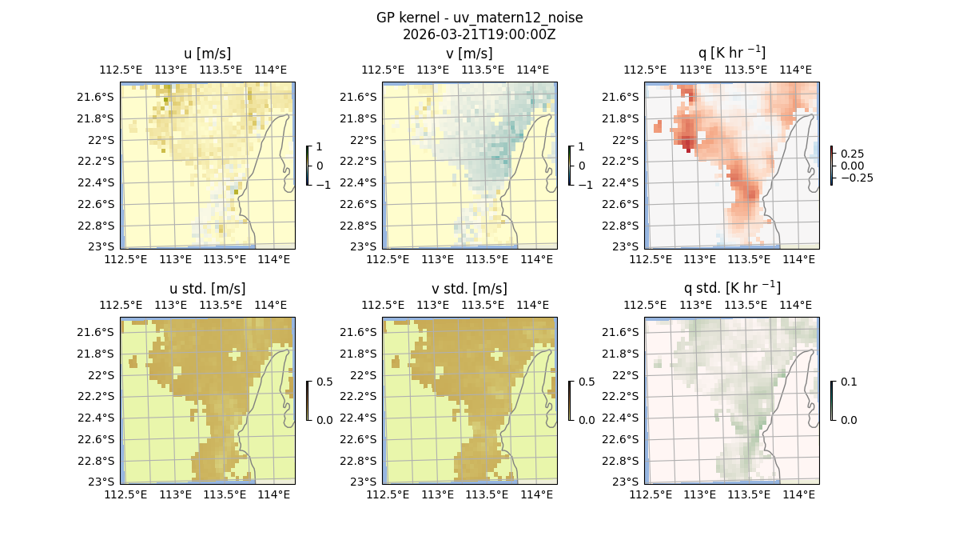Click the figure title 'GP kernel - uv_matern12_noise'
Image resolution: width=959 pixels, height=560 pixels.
(479, 18)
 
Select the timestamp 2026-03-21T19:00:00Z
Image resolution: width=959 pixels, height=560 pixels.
(479, 34)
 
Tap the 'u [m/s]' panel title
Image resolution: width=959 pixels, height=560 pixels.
(208, 54)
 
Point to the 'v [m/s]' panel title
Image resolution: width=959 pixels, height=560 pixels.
(470, 54)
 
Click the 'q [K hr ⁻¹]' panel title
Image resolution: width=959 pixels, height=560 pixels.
(731, 53)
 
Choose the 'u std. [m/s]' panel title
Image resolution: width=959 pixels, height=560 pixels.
(208, 289)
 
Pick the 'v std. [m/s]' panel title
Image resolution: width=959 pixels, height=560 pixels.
(470, 289)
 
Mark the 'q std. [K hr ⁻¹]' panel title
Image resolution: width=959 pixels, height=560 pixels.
(731, 288)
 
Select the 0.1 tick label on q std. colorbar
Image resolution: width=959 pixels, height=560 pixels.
(848, 382)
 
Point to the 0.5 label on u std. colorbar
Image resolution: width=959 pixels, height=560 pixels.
(324, 382)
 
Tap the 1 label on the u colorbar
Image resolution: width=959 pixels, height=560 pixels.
(320, 147)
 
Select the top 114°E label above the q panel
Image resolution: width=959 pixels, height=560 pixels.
(797, 70)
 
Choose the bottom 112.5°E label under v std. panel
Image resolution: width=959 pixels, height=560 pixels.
(388, 494)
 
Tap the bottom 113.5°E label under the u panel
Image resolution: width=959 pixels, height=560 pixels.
(225, 259)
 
